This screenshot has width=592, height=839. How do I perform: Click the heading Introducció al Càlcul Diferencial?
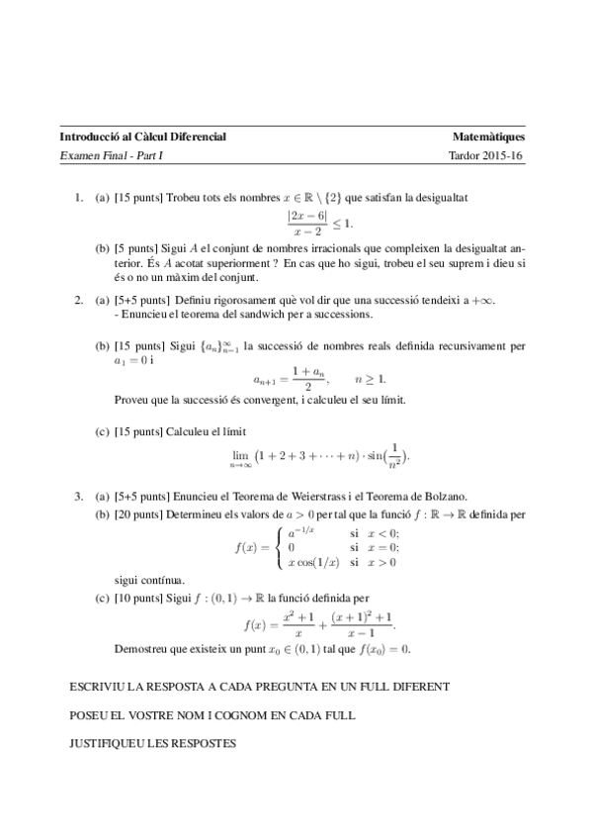pos(143,137)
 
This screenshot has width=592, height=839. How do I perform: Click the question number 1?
pos(78,197)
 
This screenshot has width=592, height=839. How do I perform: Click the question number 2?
pos(78,299)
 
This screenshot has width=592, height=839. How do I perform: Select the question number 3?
pos(78,494)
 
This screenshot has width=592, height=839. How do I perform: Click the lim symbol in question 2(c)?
pos(238,455)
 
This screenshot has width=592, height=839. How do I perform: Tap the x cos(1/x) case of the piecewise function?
pos(313,562)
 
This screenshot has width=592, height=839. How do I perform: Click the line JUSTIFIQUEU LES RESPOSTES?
pos(153,742)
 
